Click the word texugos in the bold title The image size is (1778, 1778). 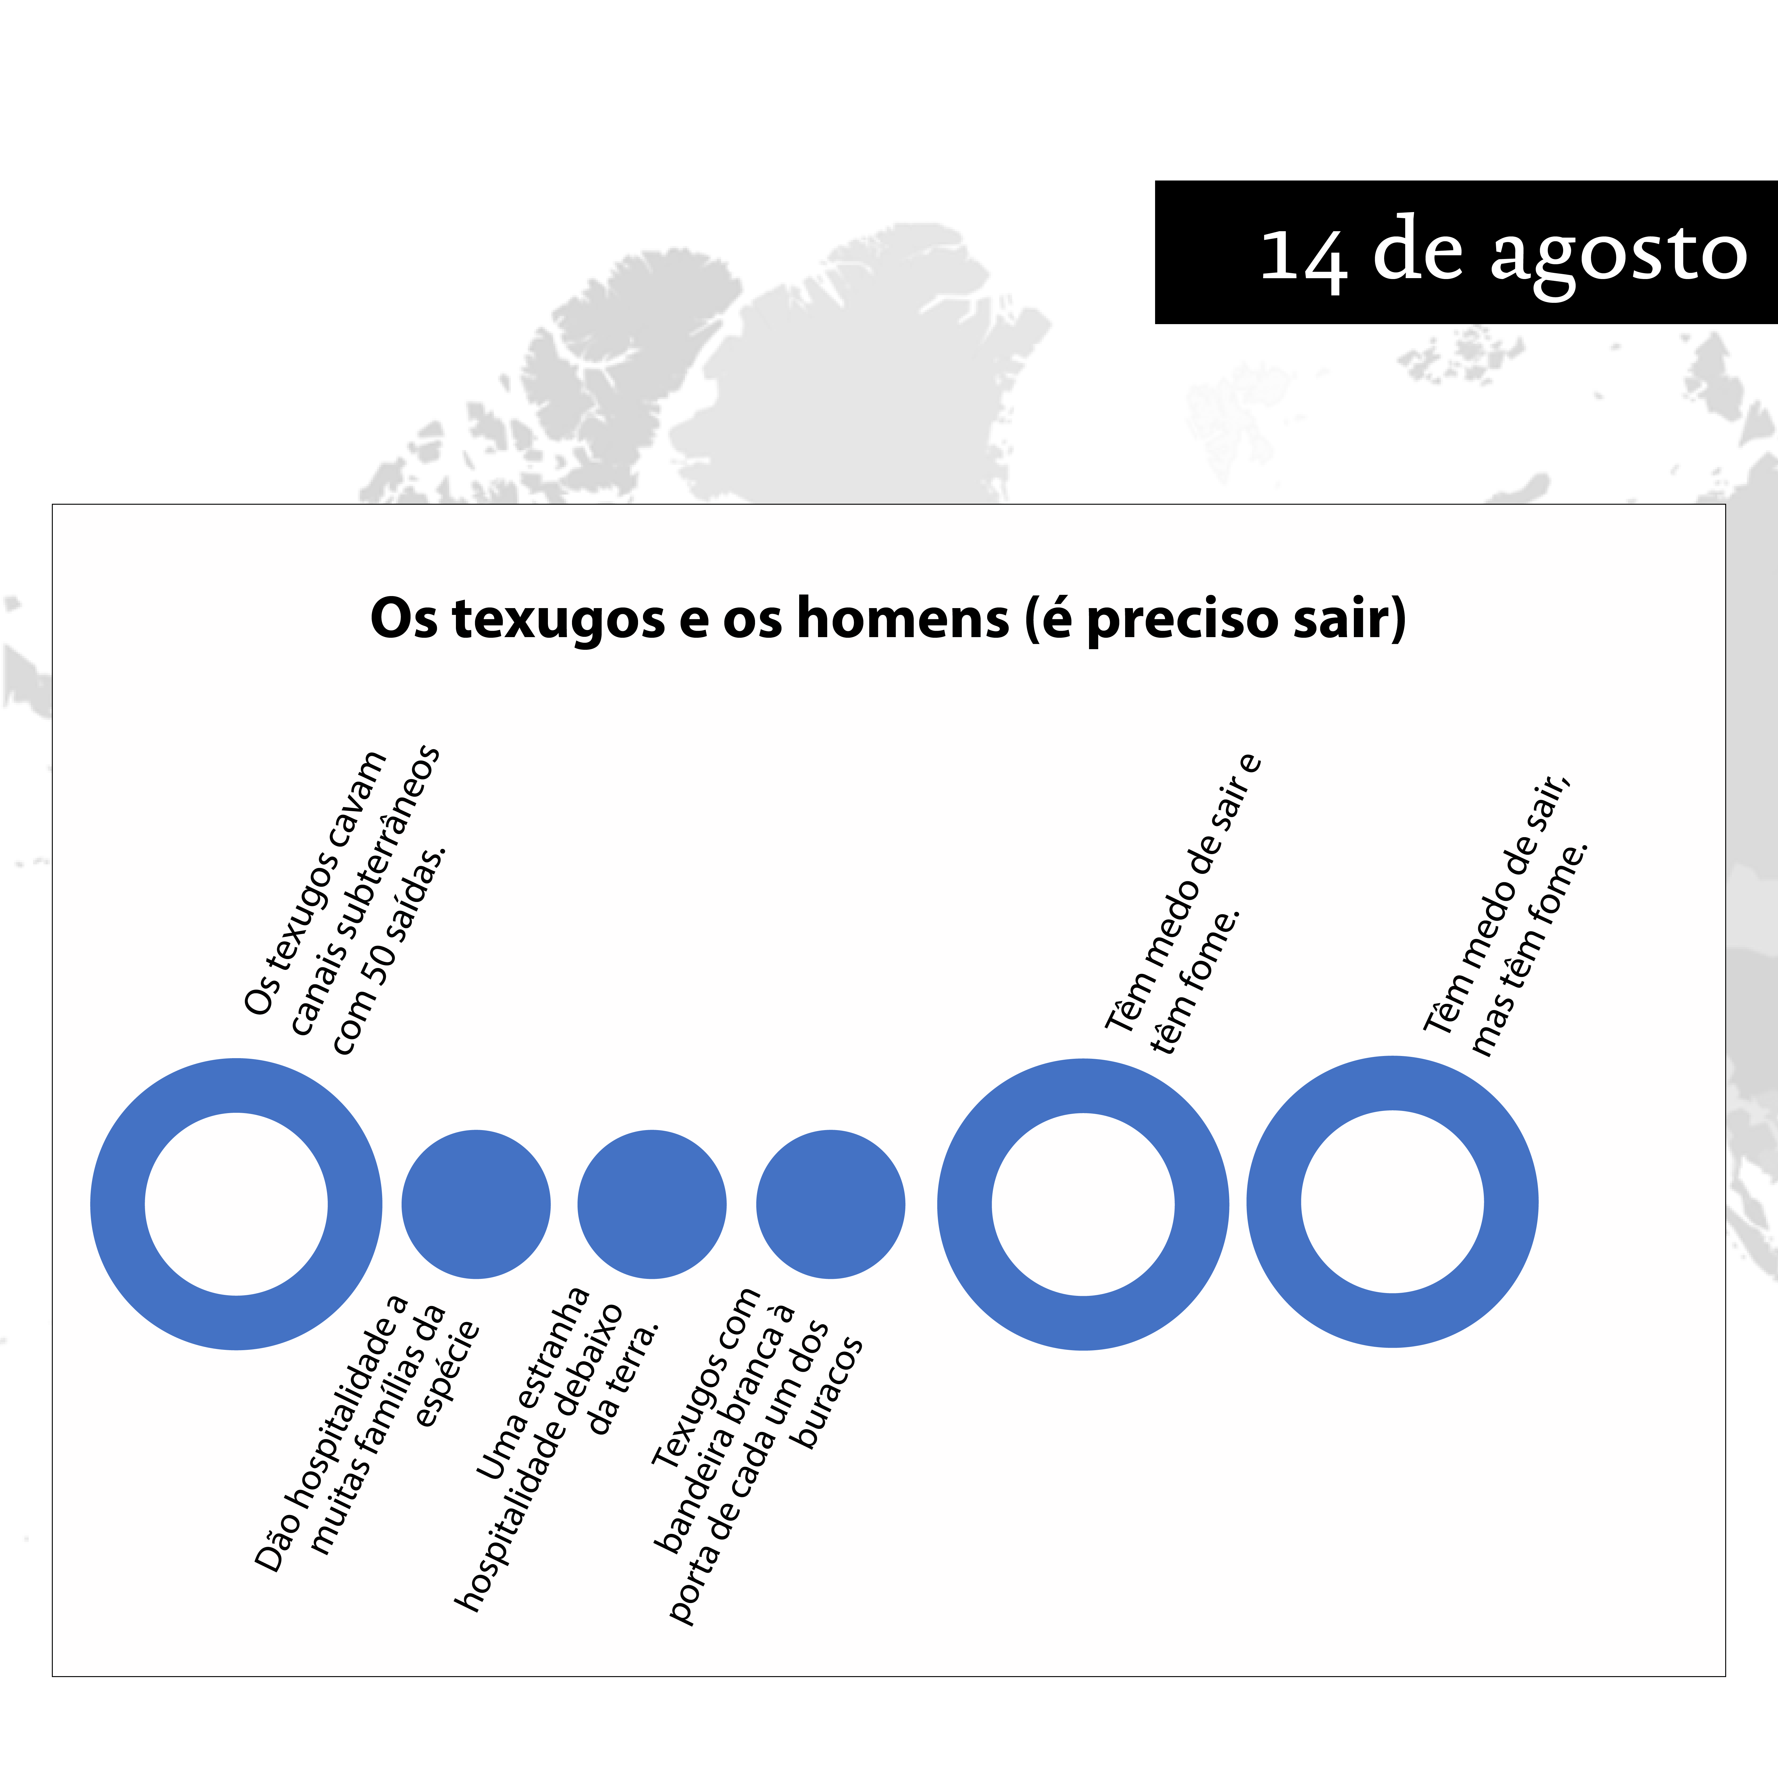point(559,618)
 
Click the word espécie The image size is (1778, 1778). point(448,1373)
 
